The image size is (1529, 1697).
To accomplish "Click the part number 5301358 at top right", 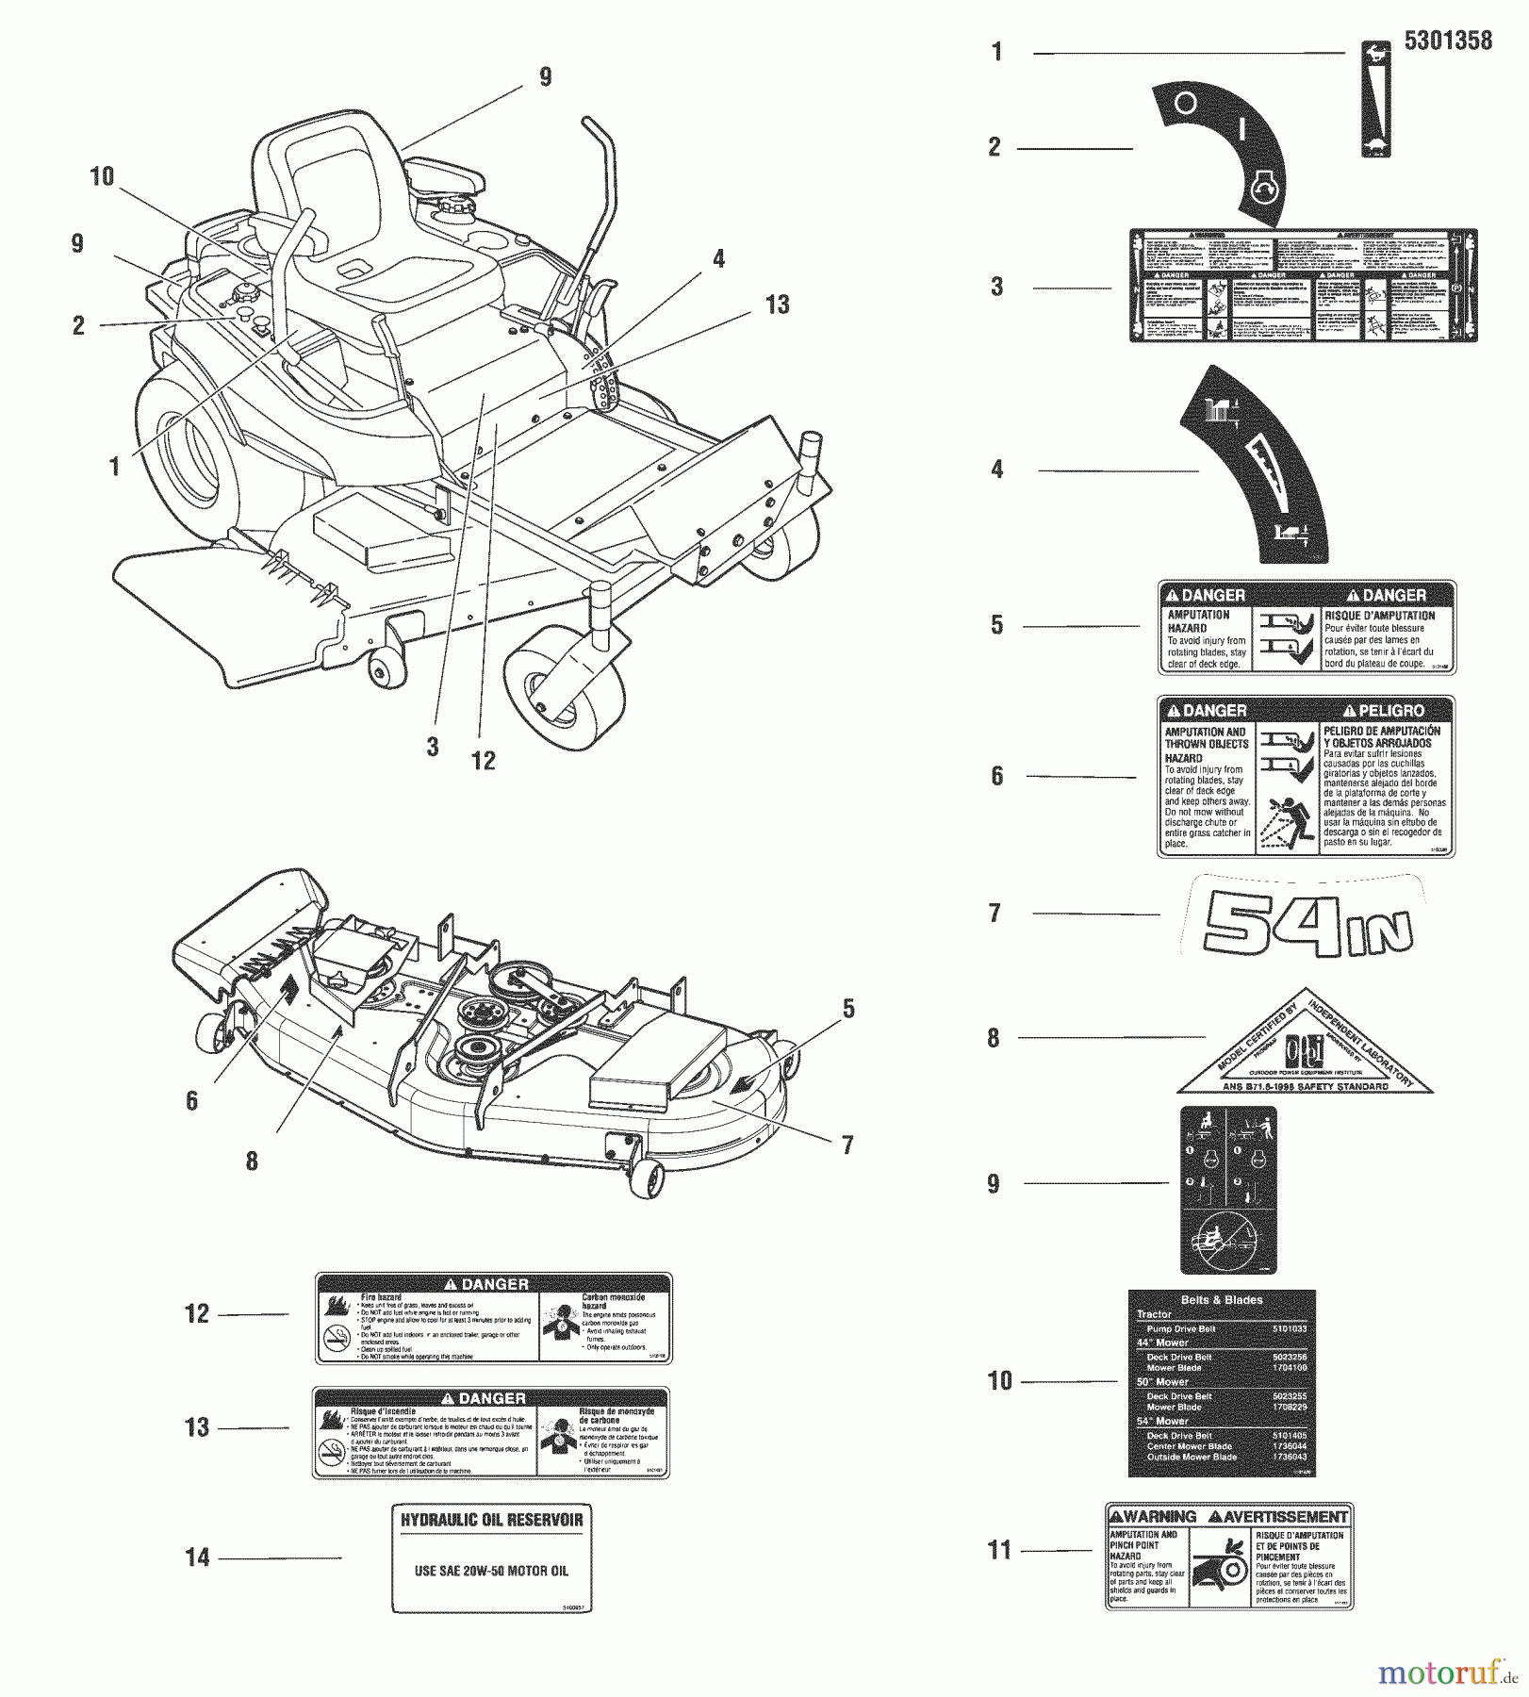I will [1447, 41].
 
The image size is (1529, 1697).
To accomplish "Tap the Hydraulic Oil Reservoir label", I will [492, 1558].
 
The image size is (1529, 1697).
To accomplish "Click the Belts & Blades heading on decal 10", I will [1222, 1299].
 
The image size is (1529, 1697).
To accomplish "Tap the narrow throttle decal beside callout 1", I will [1377, 100].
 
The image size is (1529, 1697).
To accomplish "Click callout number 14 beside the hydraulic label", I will [197, 1557].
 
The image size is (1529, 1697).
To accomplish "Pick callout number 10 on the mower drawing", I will [102, 176].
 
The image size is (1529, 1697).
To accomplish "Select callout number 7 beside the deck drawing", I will [847, 1145].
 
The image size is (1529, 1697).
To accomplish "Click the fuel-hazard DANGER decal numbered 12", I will [493, 1318].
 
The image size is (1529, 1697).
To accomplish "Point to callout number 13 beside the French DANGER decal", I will [197, 1427].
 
